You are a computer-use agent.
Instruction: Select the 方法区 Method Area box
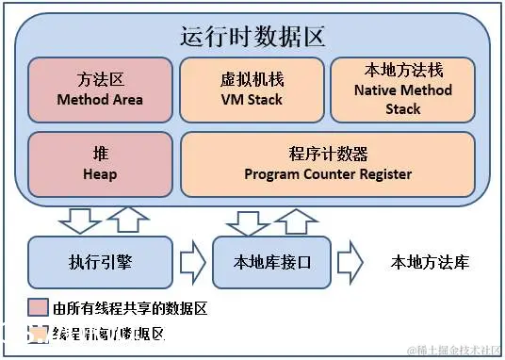pos(98,90)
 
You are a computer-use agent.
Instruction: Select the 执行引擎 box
pos(100,262)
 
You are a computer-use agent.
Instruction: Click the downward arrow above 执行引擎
pos(79,220)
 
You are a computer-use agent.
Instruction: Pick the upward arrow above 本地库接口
pos(296,220)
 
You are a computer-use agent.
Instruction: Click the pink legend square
pos(38,308)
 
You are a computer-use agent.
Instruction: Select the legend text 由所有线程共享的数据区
pos(129,308)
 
